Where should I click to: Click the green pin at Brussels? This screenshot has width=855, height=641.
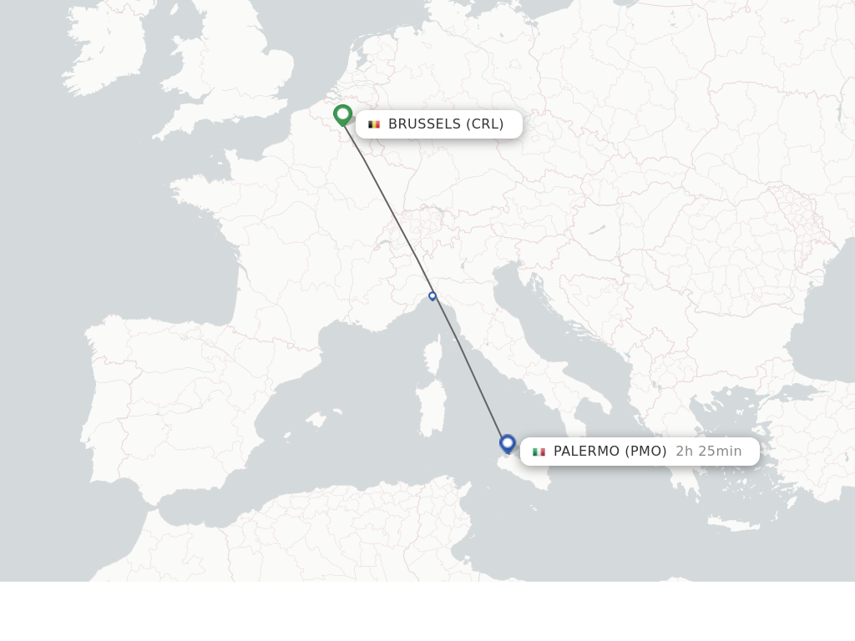coord(342,114)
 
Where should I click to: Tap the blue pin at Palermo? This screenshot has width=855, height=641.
coord(507,443)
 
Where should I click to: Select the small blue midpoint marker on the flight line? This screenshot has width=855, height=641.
coord(433,295)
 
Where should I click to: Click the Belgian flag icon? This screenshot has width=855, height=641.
coord(374,124)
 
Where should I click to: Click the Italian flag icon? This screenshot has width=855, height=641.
coord(539,452)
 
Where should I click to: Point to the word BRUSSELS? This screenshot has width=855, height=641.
coord(424,124)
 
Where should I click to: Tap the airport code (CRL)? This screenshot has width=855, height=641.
coord(485,124)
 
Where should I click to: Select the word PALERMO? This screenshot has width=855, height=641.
coord(587,452)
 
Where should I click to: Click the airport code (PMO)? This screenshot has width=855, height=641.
coord(645,452)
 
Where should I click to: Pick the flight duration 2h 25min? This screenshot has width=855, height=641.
coord(708,452)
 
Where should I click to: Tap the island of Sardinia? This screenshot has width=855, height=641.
coord(431,409)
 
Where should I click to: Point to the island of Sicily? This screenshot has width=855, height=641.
coord(526,472)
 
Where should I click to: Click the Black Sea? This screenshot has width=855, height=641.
coord(822,334)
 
